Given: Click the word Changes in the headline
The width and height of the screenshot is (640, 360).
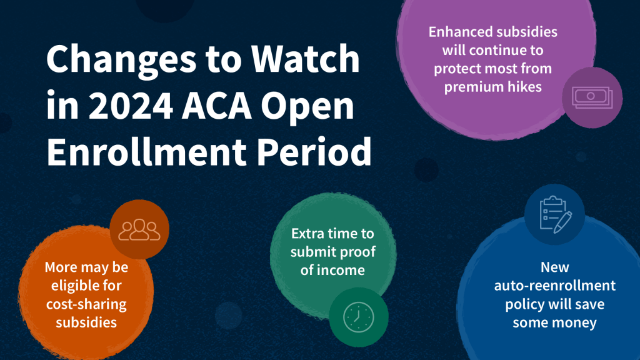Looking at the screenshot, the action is (121, 60).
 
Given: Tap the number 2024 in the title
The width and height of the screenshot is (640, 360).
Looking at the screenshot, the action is (131, 106).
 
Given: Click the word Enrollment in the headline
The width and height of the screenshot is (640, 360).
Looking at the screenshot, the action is (146, 151).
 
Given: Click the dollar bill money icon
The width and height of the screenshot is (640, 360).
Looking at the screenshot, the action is (592, 97).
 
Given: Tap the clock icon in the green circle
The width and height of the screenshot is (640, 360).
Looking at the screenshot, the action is (358, 317).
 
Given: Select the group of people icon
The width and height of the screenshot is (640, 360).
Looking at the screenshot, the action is (139, 230).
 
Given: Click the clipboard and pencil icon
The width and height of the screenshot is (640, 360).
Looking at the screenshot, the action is (556, 215).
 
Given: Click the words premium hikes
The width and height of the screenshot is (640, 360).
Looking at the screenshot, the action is (492, 87).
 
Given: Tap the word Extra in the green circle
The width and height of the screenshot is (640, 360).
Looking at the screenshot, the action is (309, 234).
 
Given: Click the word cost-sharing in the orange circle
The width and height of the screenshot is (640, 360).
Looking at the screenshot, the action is (86, 304).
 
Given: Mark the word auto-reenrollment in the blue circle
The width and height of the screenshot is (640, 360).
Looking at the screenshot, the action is (555, 286).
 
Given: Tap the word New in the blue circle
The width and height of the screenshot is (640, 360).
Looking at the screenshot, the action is (555, 267).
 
